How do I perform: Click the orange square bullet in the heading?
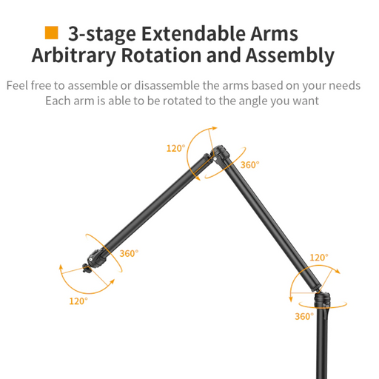tap(51, 33)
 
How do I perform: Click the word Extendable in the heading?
tap(194, 33)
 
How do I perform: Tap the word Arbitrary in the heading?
tap(73, 56)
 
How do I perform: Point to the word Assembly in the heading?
tap(290, 56)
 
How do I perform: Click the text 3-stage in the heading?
tap(102, 35)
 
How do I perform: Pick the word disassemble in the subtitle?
tap(167, 86)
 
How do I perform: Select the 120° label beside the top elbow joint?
tap(175, 148)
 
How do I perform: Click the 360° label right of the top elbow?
tap(250, 165)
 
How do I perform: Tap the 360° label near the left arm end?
tap(129, 253)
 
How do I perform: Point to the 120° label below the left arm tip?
tap(78, 301)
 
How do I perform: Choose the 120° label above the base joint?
tap(319, 258)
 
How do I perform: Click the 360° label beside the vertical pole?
tap(304, 316)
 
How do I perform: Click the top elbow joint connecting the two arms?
tap(219, 153)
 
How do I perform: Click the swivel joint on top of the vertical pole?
tap(322, 300)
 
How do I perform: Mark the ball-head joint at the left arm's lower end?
tap(97, 258)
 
